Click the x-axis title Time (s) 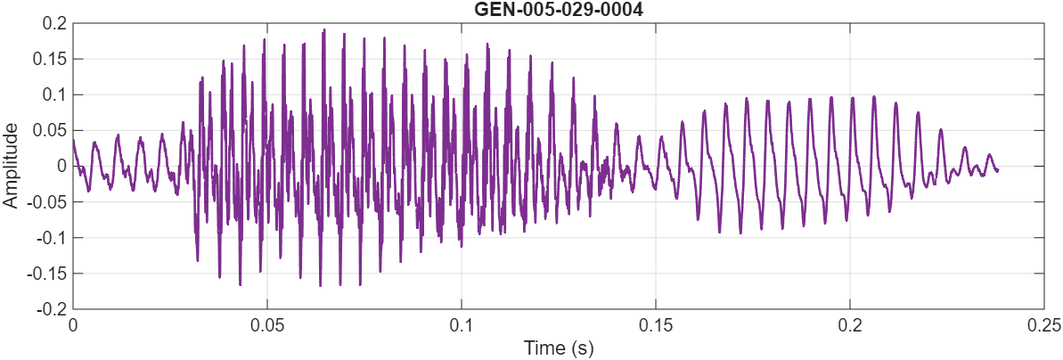pos(559,347)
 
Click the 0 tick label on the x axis pos(73,324)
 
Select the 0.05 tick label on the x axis pos(267,324)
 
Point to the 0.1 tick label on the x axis pos(462,324)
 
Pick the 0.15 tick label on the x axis pos(656,324)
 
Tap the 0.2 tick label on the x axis pos(850,324)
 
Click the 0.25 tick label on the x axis pos(1044,324)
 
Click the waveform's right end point pos(997,169)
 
